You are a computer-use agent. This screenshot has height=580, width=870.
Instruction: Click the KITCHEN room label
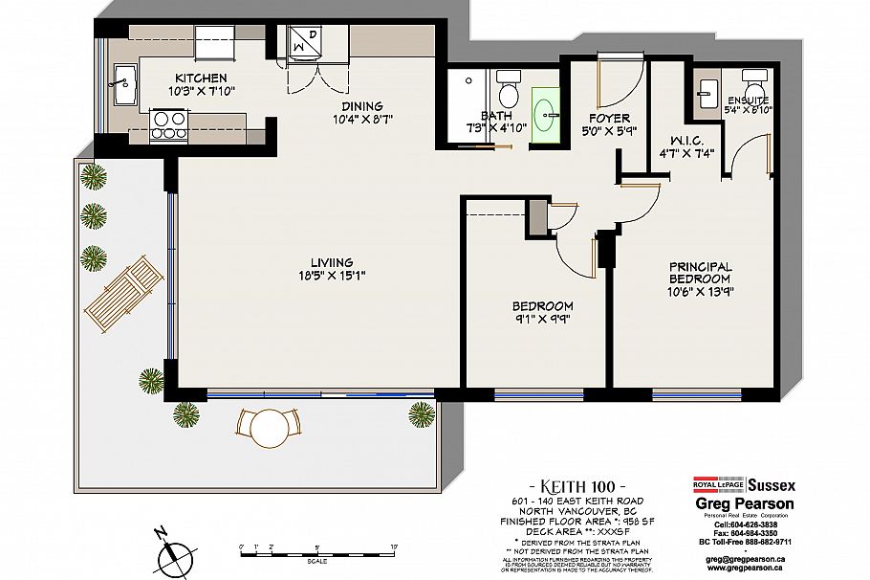(x=201, y=78)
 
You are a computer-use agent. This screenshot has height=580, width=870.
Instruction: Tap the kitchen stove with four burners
(x=168, y=125)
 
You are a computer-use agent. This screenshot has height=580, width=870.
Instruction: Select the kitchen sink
(x=121, y=83)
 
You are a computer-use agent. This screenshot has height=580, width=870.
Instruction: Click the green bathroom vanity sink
(x=548, y=113)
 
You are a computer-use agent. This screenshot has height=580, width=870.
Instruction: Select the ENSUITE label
(x=748, y=100)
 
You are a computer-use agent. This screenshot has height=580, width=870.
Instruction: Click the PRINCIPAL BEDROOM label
(x=700, y=273)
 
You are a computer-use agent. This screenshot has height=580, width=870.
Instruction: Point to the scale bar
(x=316, y=550)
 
